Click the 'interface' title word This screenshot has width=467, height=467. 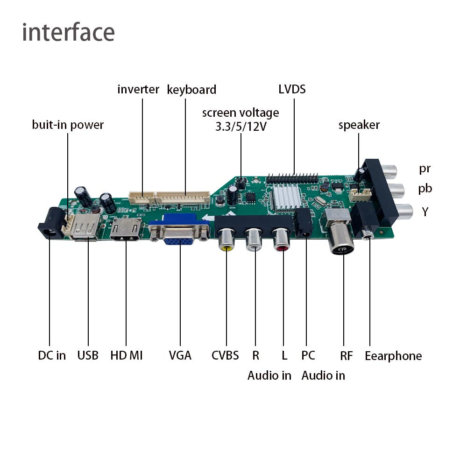click(x=69, y=32)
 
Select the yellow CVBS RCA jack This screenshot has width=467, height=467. click(x=226, y=239)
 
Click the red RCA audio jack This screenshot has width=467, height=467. click(x=282, y=240)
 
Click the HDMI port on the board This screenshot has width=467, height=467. click(x=126, y=229)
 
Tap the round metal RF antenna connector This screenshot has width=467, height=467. click(x=341, y=239)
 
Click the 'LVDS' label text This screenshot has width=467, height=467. click(x=292, y=89)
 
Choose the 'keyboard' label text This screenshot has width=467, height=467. click(x=191, y=90)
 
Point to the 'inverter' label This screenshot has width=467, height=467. click(x=138, y=89)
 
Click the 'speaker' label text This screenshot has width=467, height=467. click(x=359, y=125)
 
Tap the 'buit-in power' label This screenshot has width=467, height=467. click(x=68, y=125)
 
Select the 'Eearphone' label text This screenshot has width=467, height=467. click(x=393, y=356)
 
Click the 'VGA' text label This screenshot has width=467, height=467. click(x=180, y=355)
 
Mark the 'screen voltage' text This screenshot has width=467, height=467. click(x=241, y=113)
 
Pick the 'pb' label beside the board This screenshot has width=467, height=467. click(x=425, y=189)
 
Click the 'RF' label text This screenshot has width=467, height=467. click(x=347, y=355)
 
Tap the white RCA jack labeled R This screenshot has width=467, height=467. click(x=254, y=240)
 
